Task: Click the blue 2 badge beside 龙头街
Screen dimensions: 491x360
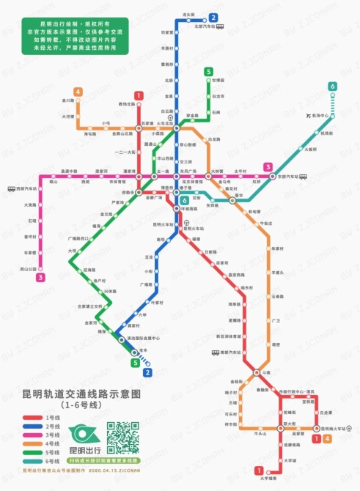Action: (x=213, y=17)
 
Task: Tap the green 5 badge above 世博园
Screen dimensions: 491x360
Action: (x=209, y=71)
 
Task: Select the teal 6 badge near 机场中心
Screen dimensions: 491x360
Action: (x=333, y=86)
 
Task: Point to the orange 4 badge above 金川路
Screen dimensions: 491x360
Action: (x=78, y=92)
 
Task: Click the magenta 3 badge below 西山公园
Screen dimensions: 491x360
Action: (x=41, y=277)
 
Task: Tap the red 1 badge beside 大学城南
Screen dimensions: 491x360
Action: (x=258, y=470)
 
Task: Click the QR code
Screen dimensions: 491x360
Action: (x=123, y=438)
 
